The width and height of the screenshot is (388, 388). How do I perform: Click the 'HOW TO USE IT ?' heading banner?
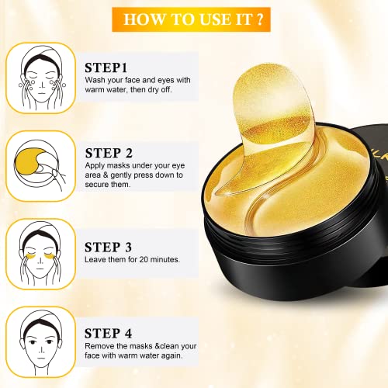tap(194, 18)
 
